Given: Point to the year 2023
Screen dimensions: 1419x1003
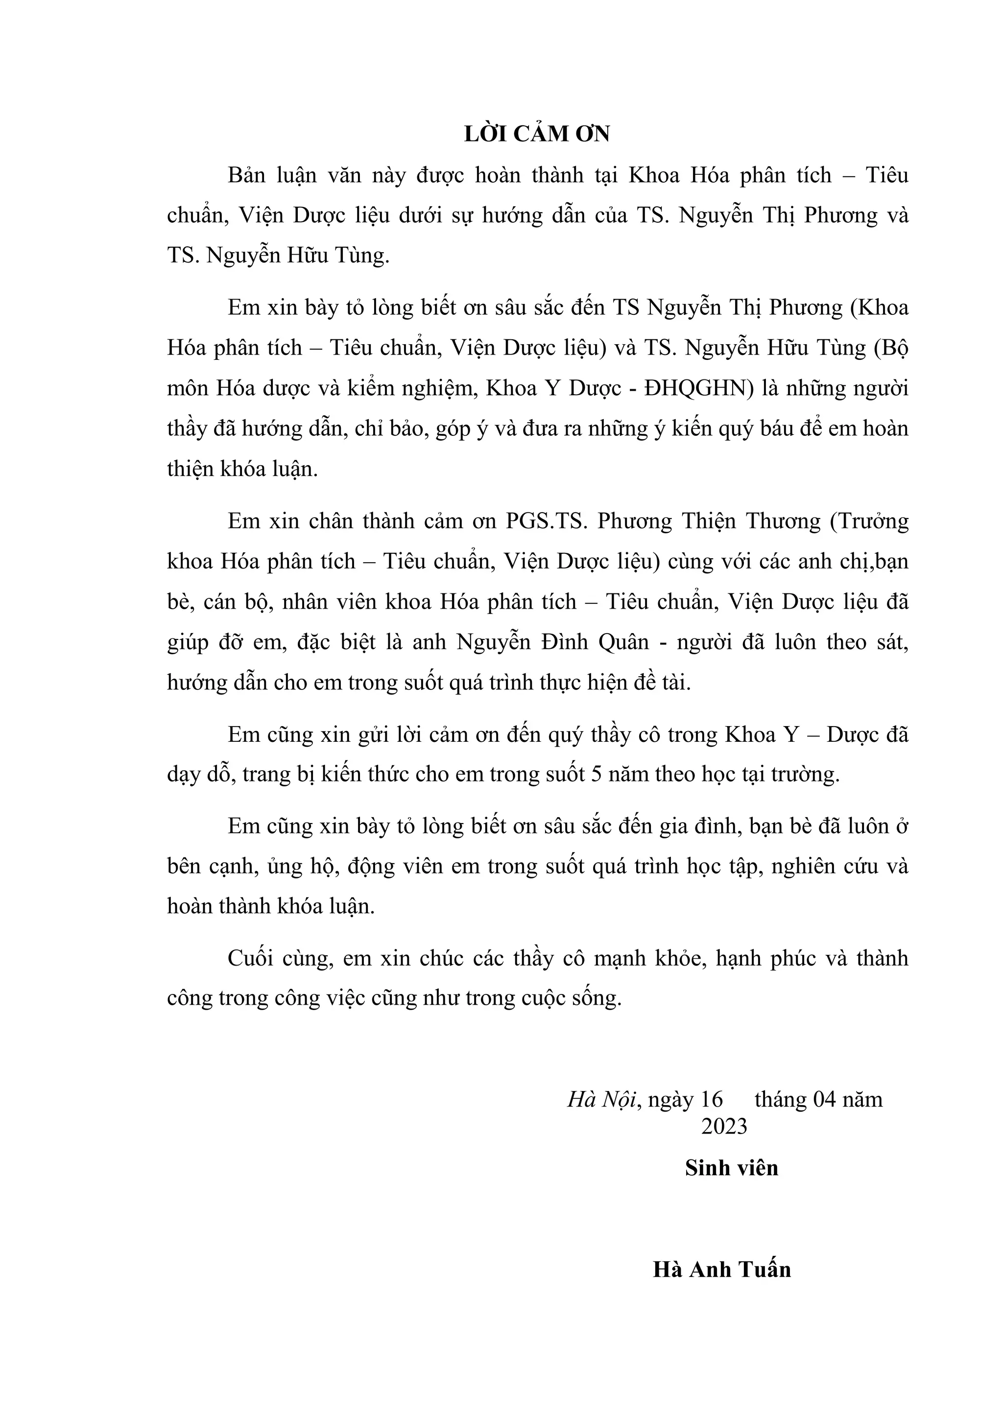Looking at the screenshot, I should click(x=724, y=1127).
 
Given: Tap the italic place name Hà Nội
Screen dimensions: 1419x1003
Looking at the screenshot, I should click(x=601, y=1099).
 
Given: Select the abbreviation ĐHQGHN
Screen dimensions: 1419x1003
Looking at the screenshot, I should click(x=696, y=389).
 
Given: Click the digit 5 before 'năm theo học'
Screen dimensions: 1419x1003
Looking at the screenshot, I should click(x=597, y=775).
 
